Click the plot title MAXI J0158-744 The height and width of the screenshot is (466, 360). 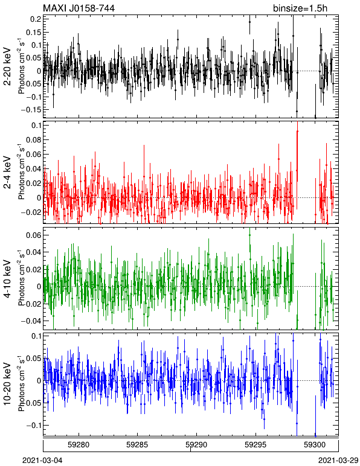(x=79, y=8)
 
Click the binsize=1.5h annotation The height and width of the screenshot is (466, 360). (x=300, y=8)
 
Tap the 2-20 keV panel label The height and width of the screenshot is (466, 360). (x=7, y=66)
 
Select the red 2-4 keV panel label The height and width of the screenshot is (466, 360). (x=7, y=173)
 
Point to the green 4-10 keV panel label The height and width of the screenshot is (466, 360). (x=7, y=279)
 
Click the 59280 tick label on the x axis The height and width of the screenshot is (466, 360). (x=79, y=445)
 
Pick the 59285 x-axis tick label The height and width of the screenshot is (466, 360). (x=137, y=445)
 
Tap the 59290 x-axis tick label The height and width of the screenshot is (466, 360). (x=196, y=445)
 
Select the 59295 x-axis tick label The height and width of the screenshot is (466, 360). (x=256, y=445)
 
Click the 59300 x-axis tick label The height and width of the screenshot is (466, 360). (x=315, y=445)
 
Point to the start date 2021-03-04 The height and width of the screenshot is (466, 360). (x=42, y=461)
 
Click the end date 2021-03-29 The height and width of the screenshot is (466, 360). (x=338, y=461)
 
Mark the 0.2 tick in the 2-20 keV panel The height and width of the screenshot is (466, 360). (x=36, y=19)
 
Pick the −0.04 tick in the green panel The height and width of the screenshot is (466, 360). (x=31, y=321)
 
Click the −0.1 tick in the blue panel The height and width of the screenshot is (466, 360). (x=33, y=426)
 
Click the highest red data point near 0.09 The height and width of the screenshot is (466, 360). (x=297, y=131)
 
